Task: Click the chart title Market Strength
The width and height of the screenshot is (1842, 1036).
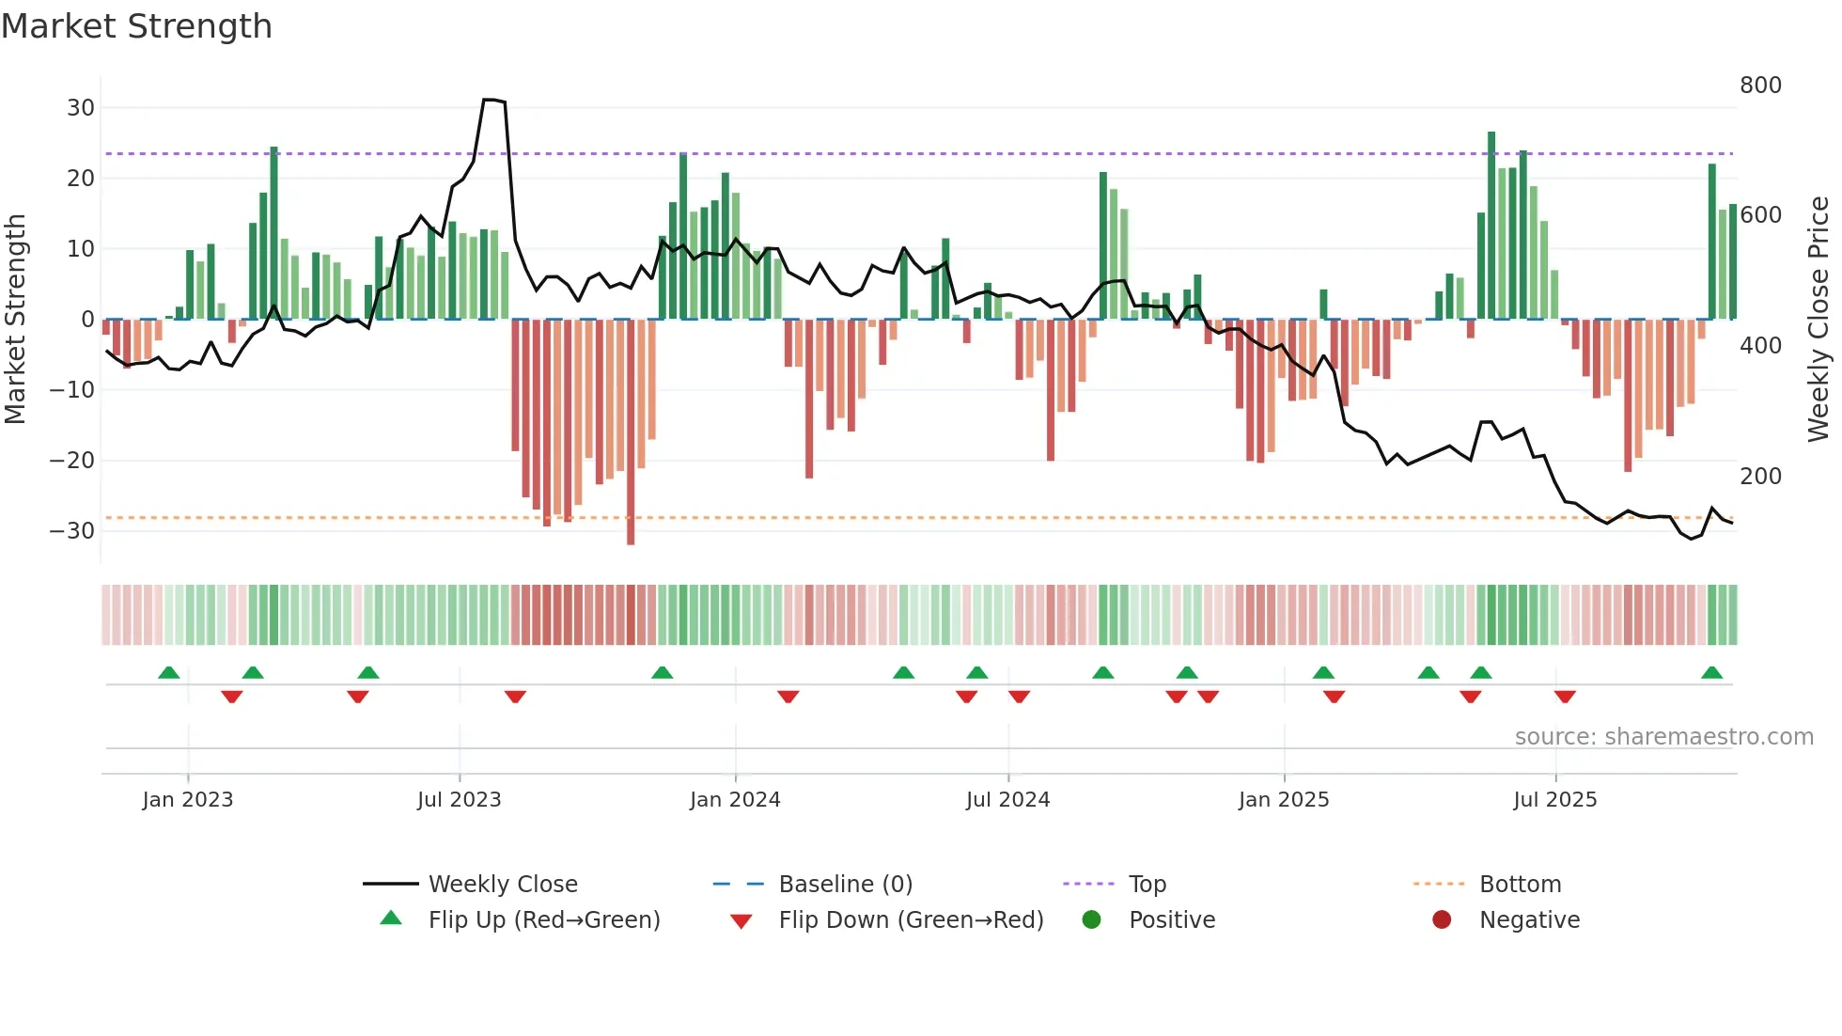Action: pyautogui.click(x=136, y=26)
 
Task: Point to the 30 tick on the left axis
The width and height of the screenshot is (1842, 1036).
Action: pyautogui.click(x=81, y=108)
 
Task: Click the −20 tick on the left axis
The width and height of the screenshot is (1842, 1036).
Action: pyautogui.click(x=72, y=461)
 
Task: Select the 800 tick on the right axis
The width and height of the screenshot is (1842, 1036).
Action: pyautogui.click(x=1760, y=86)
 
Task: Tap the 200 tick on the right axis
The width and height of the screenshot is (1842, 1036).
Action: pyautogui.click(x=1760, y=477)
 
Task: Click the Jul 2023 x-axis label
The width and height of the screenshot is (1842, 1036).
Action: pyautogui.click(x=459, y=800)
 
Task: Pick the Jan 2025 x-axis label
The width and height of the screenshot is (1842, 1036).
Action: pyautogui.click(x=1284, y=800)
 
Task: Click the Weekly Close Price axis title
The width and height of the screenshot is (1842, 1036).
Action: pyautogui.click(x=1819, y=320)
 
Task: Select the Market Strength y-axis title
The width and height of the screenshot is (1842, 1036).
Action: pyautogui.click(x=15, y=320)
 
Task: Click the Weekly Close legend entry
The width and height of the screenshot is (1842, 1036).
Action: pyautogui.click(x=502, y=885)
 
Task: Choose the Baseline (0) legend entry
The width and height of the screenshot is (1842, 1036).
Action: pyautogui.click(x=845, y=885)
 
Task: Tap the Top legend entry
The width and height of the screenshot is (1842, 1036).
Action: pyautogui.click(x=1147, y=885)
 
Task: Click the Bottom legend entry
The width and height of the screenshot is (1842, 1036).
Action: pyautogui.click(x=1520, y=885)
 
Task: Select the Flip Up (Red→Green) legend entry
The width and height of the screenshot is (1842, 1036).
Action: pyautogui.click(x=543, y=920)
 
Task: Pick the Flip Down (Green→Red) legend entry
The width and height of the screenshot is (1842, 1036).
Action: pyautogui.click(x=910, y=920)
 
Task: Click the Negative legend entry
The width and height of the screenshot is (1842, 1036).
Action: pyautogui.click(x=1528, y=920)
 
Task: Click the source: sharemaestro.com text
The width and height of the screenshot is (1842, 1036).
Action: pyautogui.click(x=1663, y=737)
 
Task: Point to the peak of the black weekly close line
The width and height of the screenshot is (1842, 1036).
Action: pyautogui.click(x=489, y=100)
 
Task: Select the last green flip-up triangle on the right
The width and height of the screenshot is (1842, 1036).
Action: pyautogui.click(x=1711, y=673)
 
